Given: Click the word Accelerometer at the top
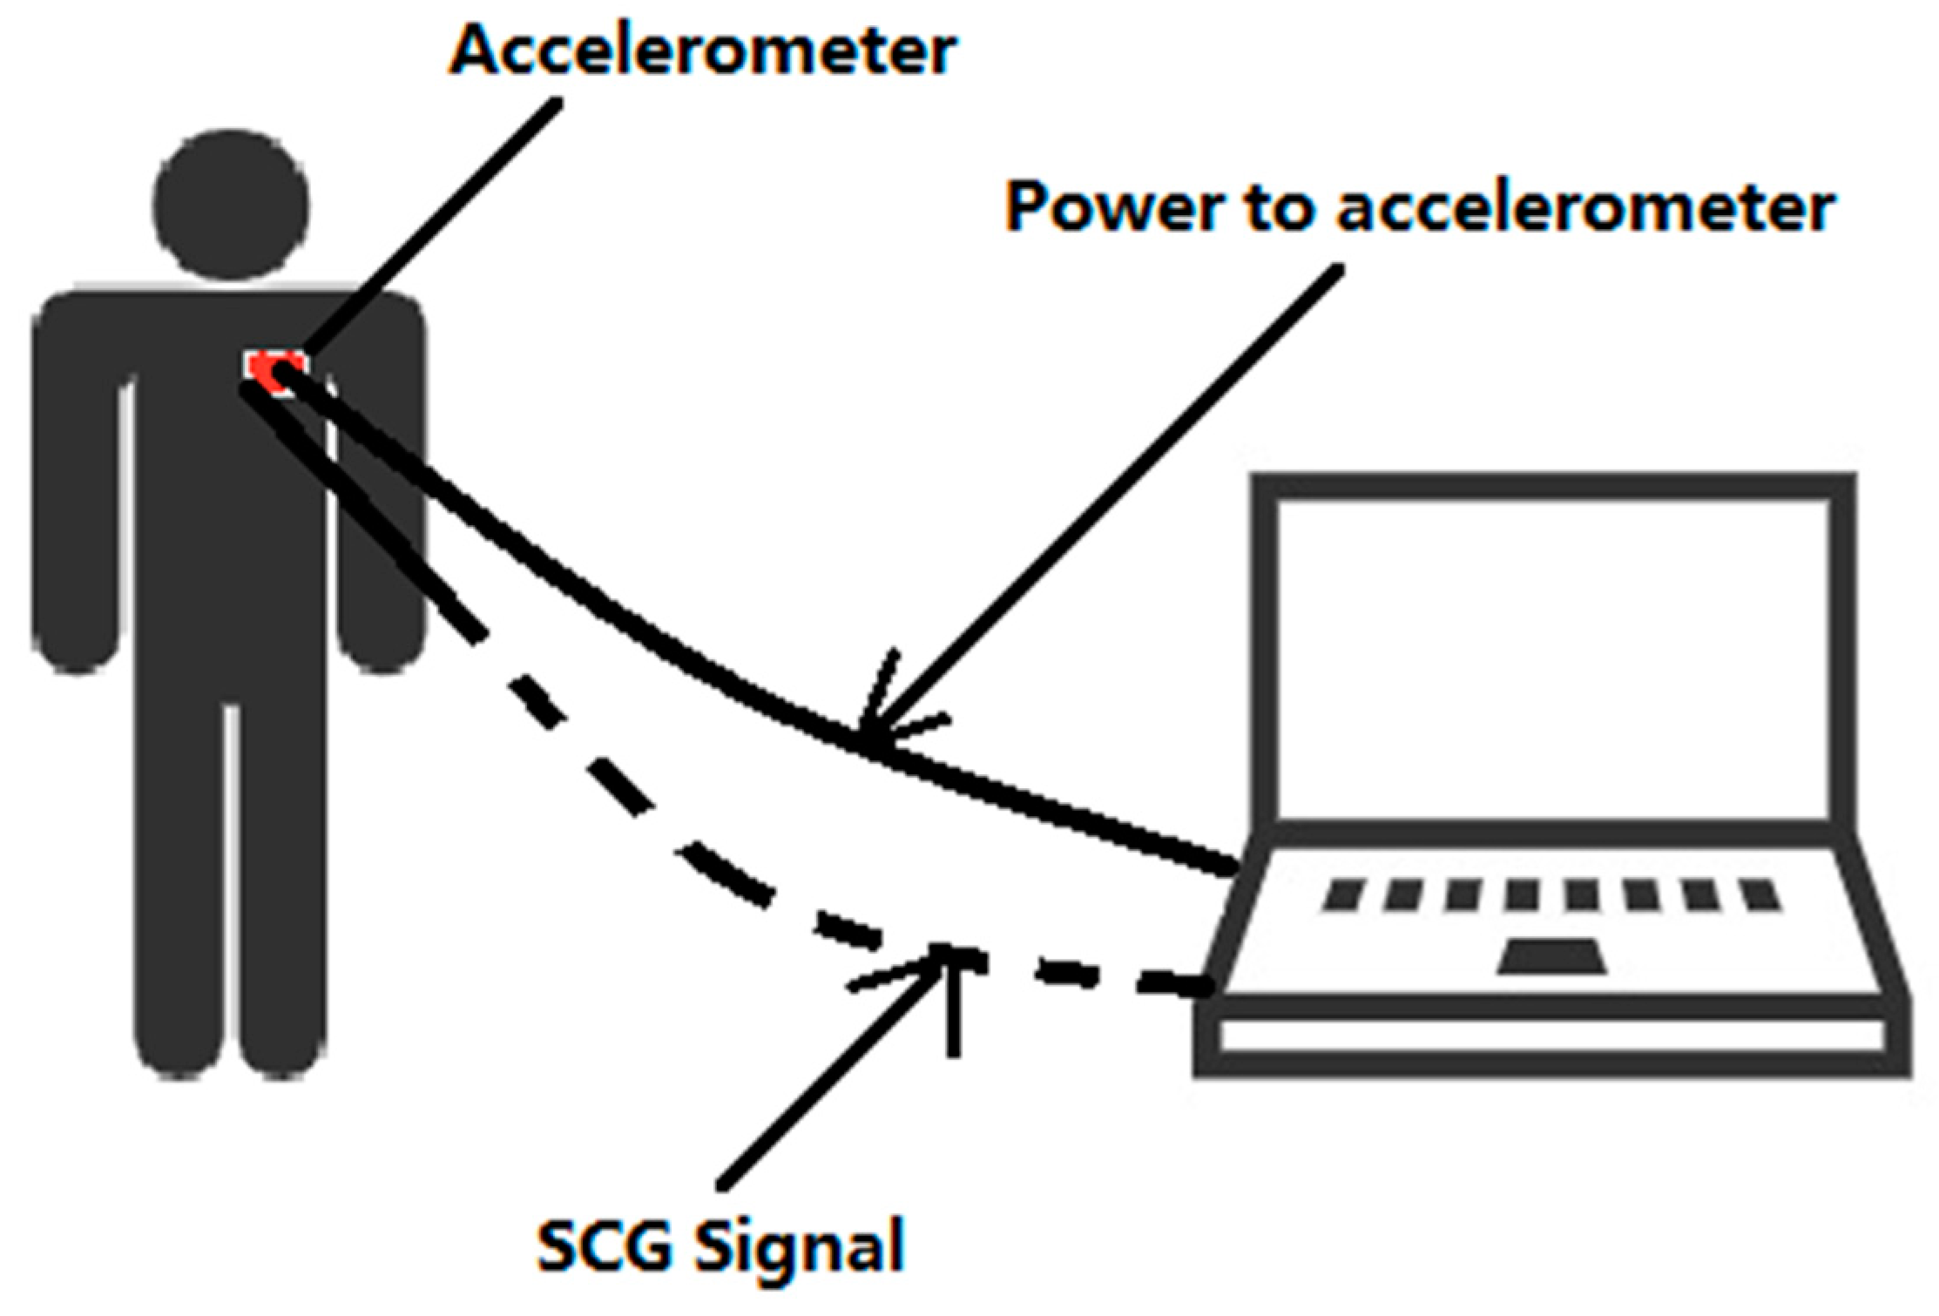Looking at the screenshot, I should tap(704, 51).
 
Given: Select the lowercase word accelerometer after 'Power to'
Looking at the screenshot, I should tap(1586, 209).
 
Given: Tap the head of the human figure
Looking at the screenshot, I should tap(231, 206).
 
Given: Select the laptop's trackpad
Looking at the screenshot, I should tap(1552, 956).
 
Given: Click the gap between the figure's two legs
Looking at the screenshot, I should tap(231, 871).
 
